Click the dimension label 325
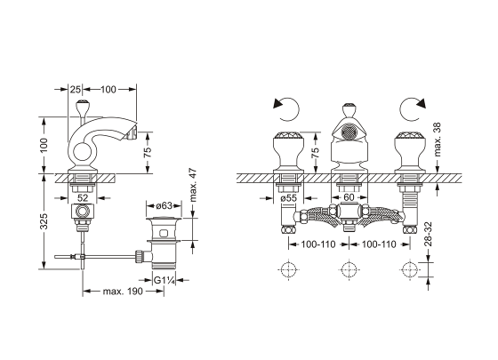pyautogui.click(x=44, y=221)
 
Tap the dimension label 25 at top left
pyautogui.click(x=76, y=90)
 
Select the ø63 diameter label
pyautogui.click(x=164, y=205)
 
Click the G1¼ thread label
pyautogui.click(x=164, y=281)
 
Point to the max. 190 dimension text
pyautogui.click(x=123, y=291)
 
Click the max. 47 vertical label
pyautogui.click(x=193, y=185)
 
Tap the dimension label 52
pyautogui.click(x=83, y=198)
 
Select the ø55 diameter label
pyautogui.click(x=288, y=198)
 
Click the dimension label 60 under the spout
pyautogui.click(x=349, y=197)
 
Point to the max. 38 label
pyautogui.click(x=438, y=140)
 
